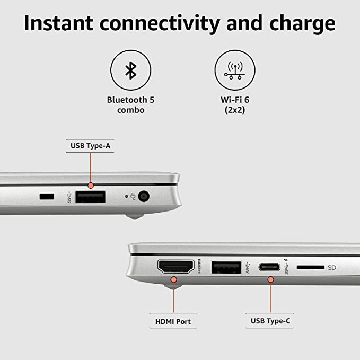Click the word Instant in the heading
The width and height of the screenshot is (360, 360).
(58, 23)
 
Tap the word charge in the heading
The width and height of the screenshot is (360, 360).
(302, 24)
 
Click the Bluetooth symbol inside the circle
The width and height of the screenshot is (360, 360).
(131, 71)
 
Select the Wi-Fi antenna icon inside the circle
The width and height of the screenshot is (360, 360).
(235, 71)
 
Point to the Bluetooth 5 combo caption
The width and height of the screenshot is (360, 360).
(130, 105)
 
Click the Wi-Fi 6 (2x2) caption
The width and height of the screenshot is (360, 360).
(235, 105)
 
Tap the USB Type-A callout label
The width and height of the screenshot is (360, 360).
(90, 146)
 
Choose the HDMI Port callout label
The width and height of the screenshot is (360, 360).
(173, 321)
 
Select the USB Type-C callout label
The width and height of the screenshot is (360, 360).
(270, 321)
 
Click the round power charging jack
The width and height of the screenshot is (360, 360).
(144, 197)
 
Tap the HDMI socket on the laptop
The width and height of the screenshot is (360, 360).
(176, 266)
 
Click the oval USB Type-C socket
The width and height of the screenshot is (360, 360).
(269, 267)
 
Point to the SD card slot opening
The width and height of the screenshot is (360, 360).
(310, 267)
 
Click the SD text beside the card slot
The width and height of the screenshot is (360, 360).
(332, 267)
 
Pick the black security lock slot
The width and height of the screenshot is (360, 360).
(47, 197)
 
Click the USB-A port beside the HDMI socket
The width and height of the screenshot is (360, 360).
(226, 267)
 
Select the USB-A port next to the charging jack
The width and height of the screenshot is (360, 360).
(91, 197)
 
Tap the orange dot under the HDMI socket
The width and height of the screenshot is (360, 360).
(174, 279)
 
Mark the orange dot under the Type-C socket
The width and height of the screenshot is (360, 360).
(271, 279)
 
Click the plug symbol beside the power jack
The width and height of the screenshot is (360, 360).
(133, 196)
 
